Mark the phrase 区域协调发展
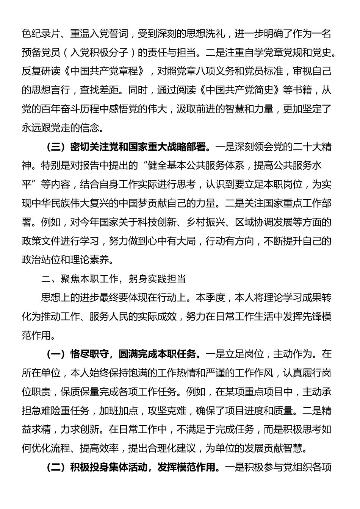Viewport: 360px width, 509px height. pyautogui.click(x=263, y=222)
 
